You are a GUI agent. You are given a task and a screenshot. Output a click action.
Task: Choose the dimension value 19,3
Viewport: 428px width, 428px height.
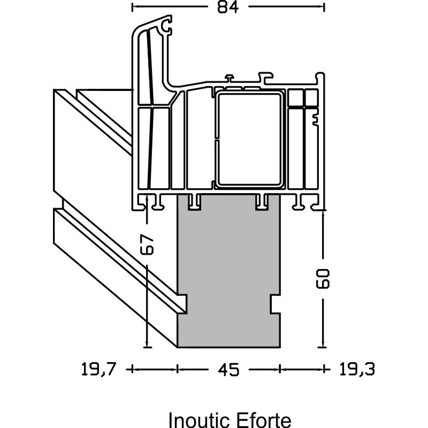click(x=356, y=369)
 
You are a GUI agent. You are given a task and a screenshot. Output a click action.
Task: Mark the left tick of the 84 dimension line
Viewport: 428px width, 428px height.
click(x=132, y=7)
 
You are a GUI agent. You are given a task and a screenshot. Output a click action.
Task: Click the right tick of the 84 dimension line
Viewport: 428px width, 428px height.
click(x=325, y=7)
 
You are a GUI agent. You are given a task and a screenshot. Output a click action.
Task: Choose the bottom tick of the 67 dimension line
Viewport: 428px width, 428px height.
click(x=147, y=347)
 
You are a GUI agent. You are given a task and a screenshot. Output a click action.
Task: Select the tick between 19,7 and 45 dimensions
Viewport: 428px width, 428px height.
click(x=178, y=369)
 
